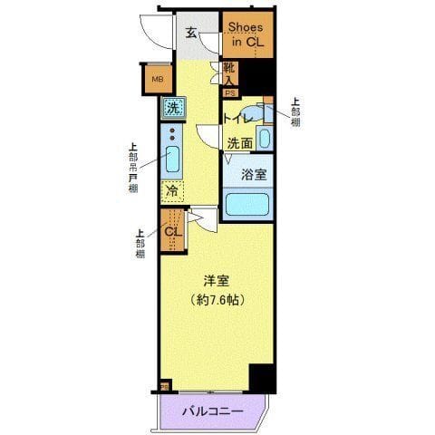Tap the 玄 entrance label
point(192,34)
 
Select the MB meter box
point(157,79)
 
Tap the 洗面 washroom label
point(239,142)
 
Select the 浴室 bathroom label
point(253,174)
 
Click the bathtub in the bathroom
point(247,202)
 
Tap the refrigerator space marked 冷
point(171,191)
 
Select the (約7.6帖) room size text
point(215,300)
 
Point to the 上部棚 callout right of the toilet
point(295,113)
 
